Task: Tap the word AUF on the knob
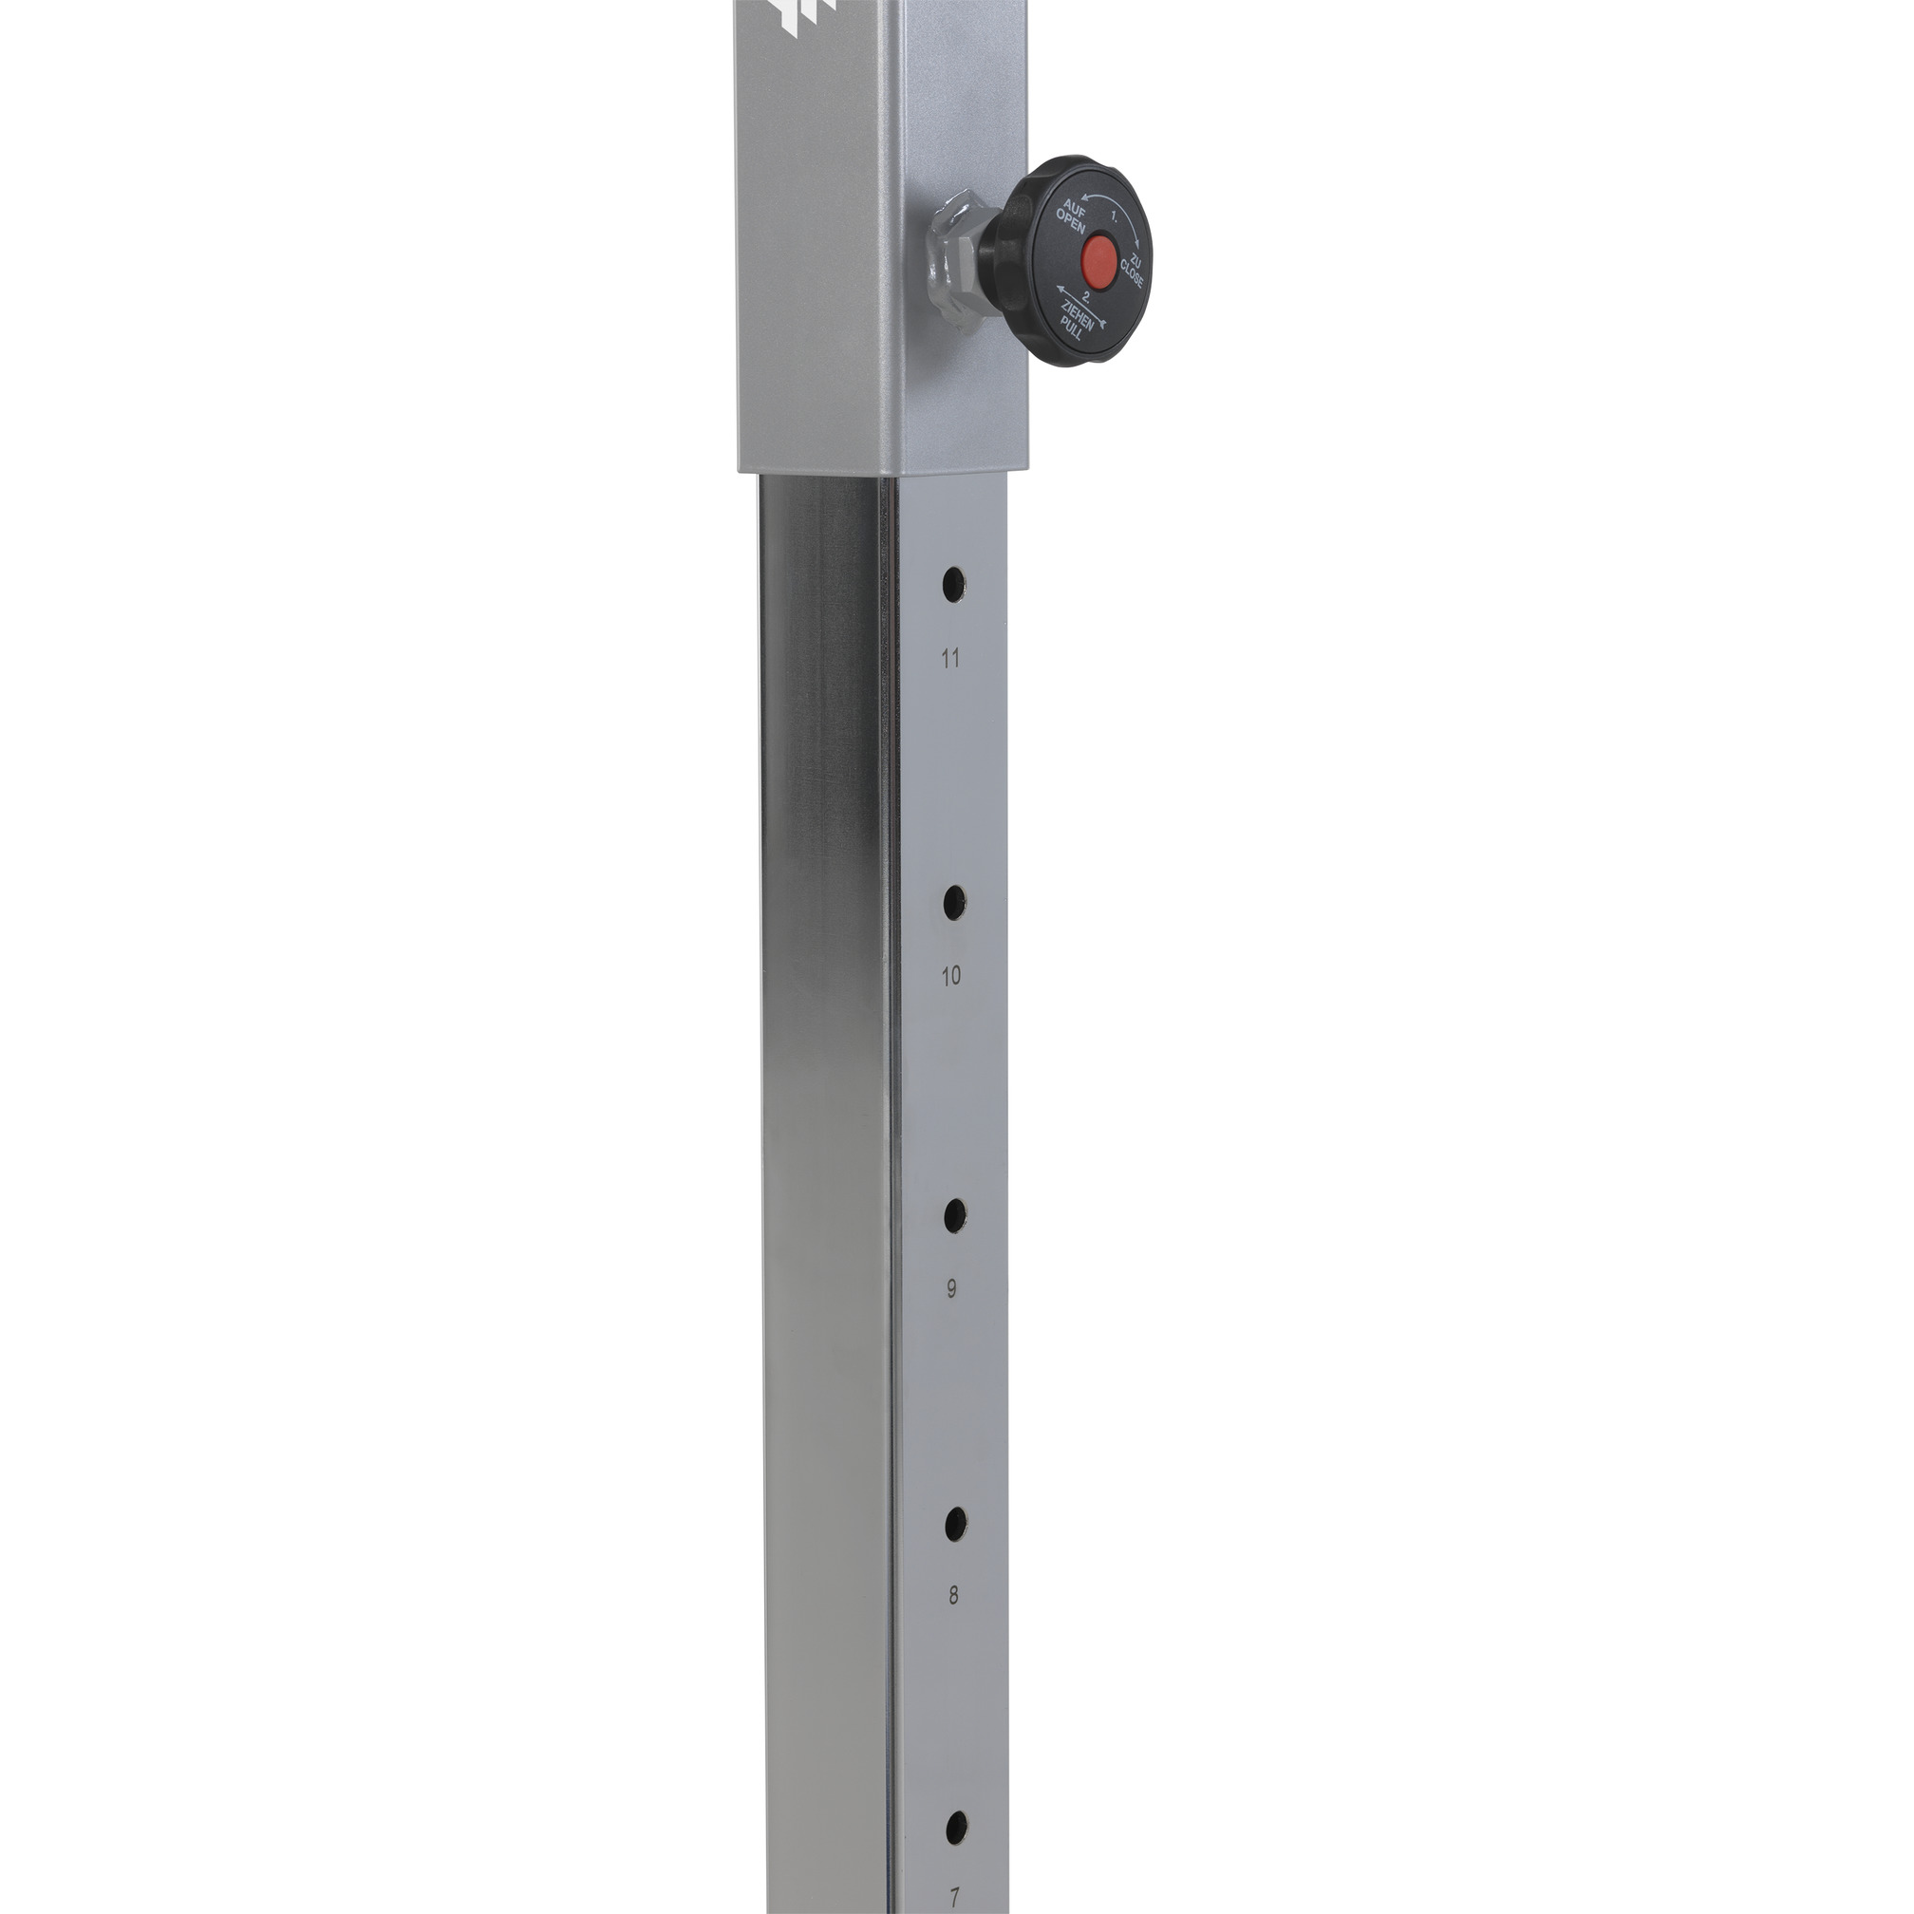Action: (1076, 209)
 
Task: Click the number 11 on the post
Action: (951, 659)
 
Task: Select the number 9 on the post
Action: (952, 1289)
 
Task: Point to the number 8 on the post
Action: (953, 1596)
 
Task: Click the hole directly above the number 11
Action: (953, 584)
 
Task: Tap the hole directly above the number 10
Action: (954, 902)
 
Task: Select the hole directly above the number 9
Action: (955, 1215)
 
